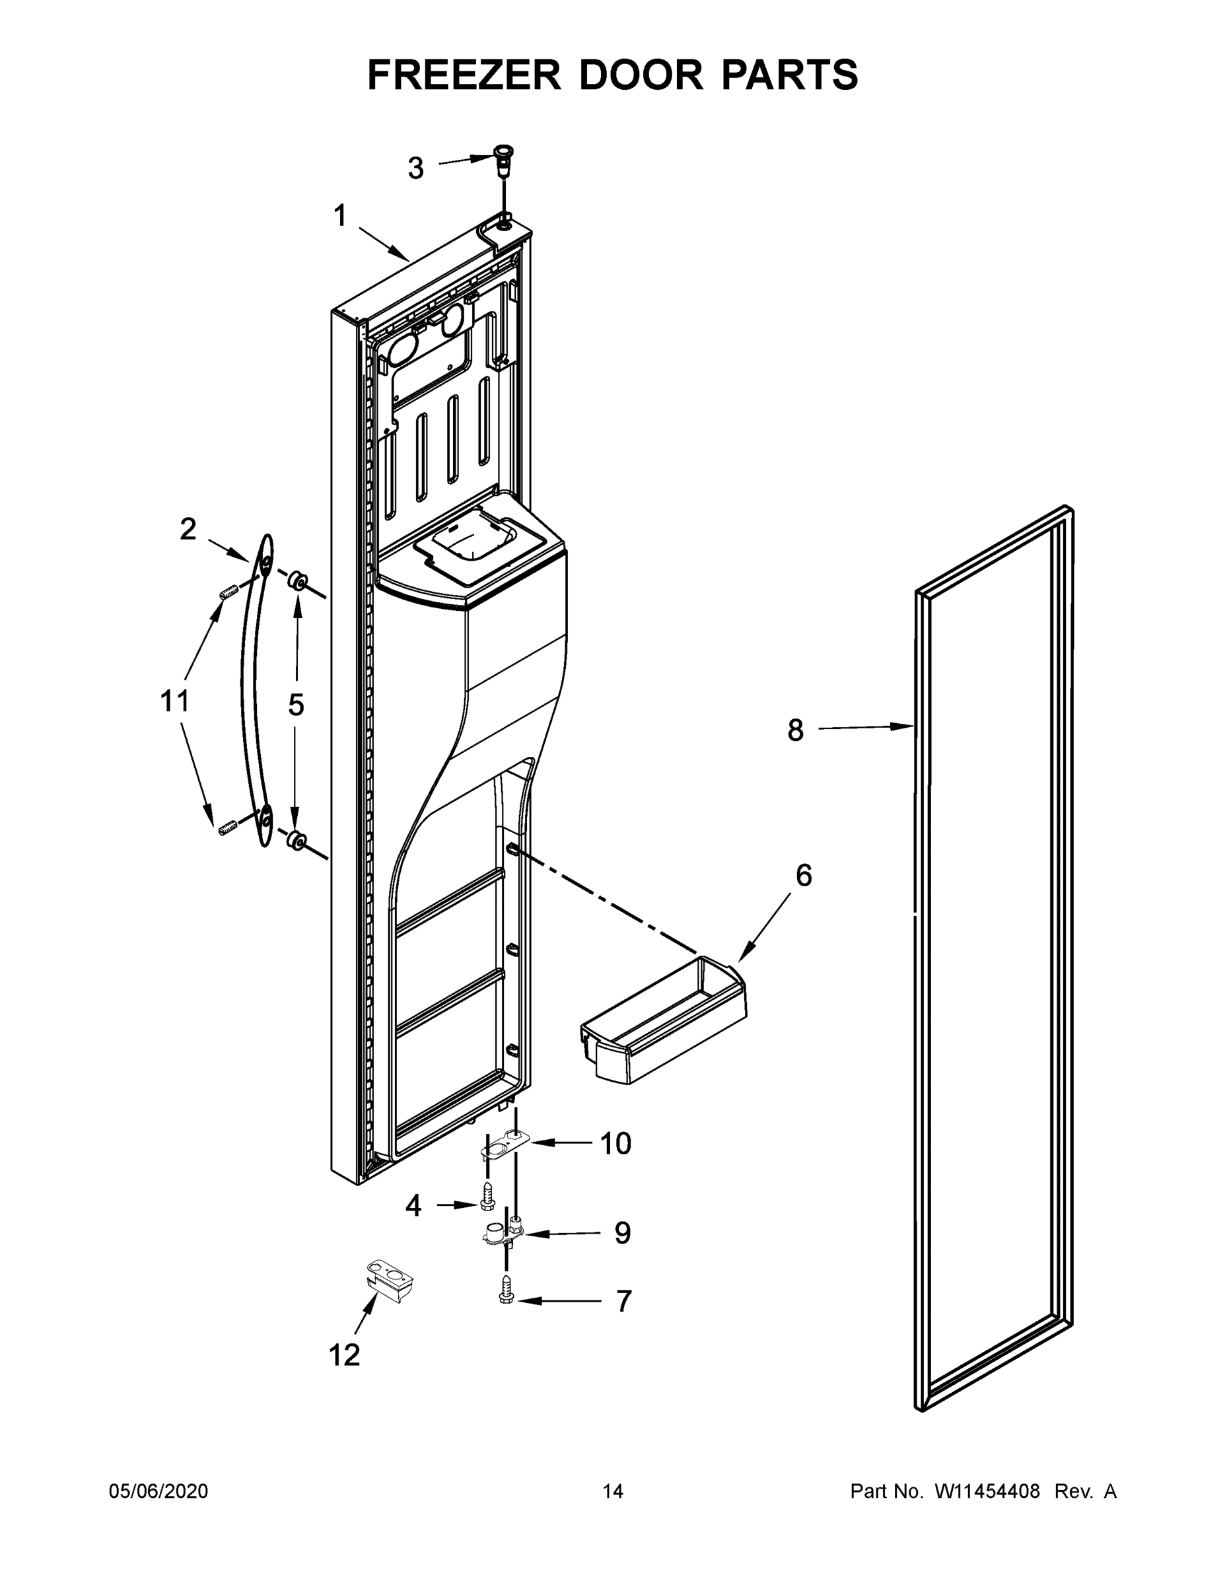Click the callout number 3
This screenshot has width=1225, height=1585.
tap(415, 168)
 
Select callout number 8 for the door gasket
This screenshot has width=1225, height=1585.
tap(795, 730)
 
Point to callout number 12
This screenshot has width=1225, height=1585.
tap(344, 1355)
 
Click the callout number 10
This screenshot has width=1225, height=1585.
tap(615, 1144)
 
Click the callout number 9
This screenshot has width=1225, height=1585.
tap(622, 1233)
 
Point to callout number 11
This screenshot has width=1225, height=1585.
tap(175, 702)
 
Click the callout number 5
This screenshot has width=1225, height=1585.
tap(296, 705)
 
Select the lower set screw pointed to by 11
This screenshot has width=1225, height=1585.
tap(228, 828)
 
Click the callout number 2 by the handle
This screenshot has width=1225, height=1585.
tap(188, 529)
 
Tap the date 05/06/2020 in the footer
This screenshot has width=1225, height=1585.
tap(158, 1491)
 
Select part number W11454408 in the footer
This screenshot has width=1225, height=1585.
tap(987, 1491)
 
